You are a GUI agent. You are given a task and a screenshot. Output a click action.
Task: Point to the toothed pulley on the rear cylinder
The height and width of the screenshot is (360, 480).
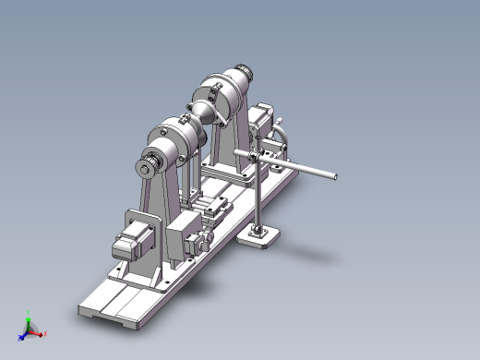(x=242, y=71)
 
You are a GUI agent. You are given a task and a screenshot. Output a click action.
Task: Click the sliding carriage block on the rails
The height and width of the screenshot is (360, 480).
(x=214, y=208)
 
